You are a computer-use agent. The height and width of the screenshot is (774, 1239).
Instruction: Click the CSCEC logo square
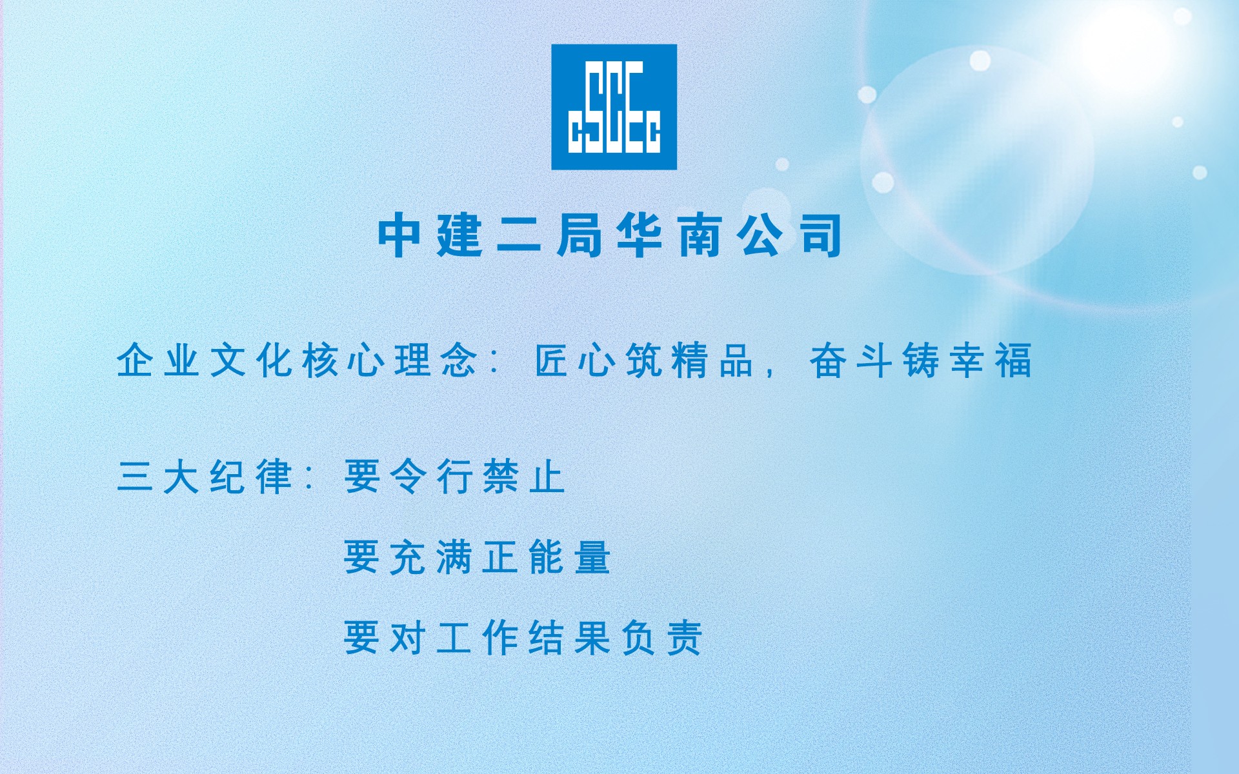click(x=614, y=107)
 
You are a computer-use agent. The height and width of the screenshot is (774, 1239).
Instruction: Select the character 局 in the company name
click(x=579, y=236)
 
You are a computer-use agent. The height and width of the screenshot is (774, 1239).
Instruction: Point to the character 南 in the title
click(x=700, y=236)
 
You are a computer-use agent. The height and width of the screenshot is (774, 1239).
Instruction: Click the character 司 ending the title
click(x=821, y=236)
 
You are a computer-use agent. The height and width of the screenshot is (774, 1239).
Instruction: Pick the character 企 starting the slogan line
click(x=135, y=360)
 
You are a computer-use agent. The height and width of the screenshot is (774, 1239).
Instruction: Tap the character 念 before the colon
click(x=459, y=360)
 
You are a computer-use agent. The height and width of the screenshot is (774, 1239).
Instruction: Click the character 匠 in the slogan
click(x=552, y=360)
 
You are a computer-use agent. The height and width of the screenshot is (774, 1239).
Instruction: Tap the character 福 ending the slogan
click(x=1014, y=360)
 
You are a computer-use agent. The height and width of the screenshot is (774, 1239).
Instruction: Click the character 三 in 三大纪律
click(x=135, y=477)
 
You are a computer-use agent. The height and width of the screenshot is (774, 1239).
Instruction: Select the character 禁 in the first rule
click(x=501, y=477)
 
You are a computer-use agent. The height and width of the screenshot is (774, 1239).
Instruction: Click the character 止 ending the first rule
click(x=547, y=477)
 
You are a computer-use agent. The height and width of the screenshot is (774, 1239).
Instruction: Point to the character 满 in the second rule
click(x=454, y=557)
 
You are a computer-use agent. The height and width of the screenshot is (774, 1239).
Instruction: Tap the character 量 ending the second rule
click(x=593, y=557)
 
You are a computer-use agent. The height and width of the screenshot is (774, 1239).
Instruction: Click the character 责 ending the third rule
click(x=685, y=637)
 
